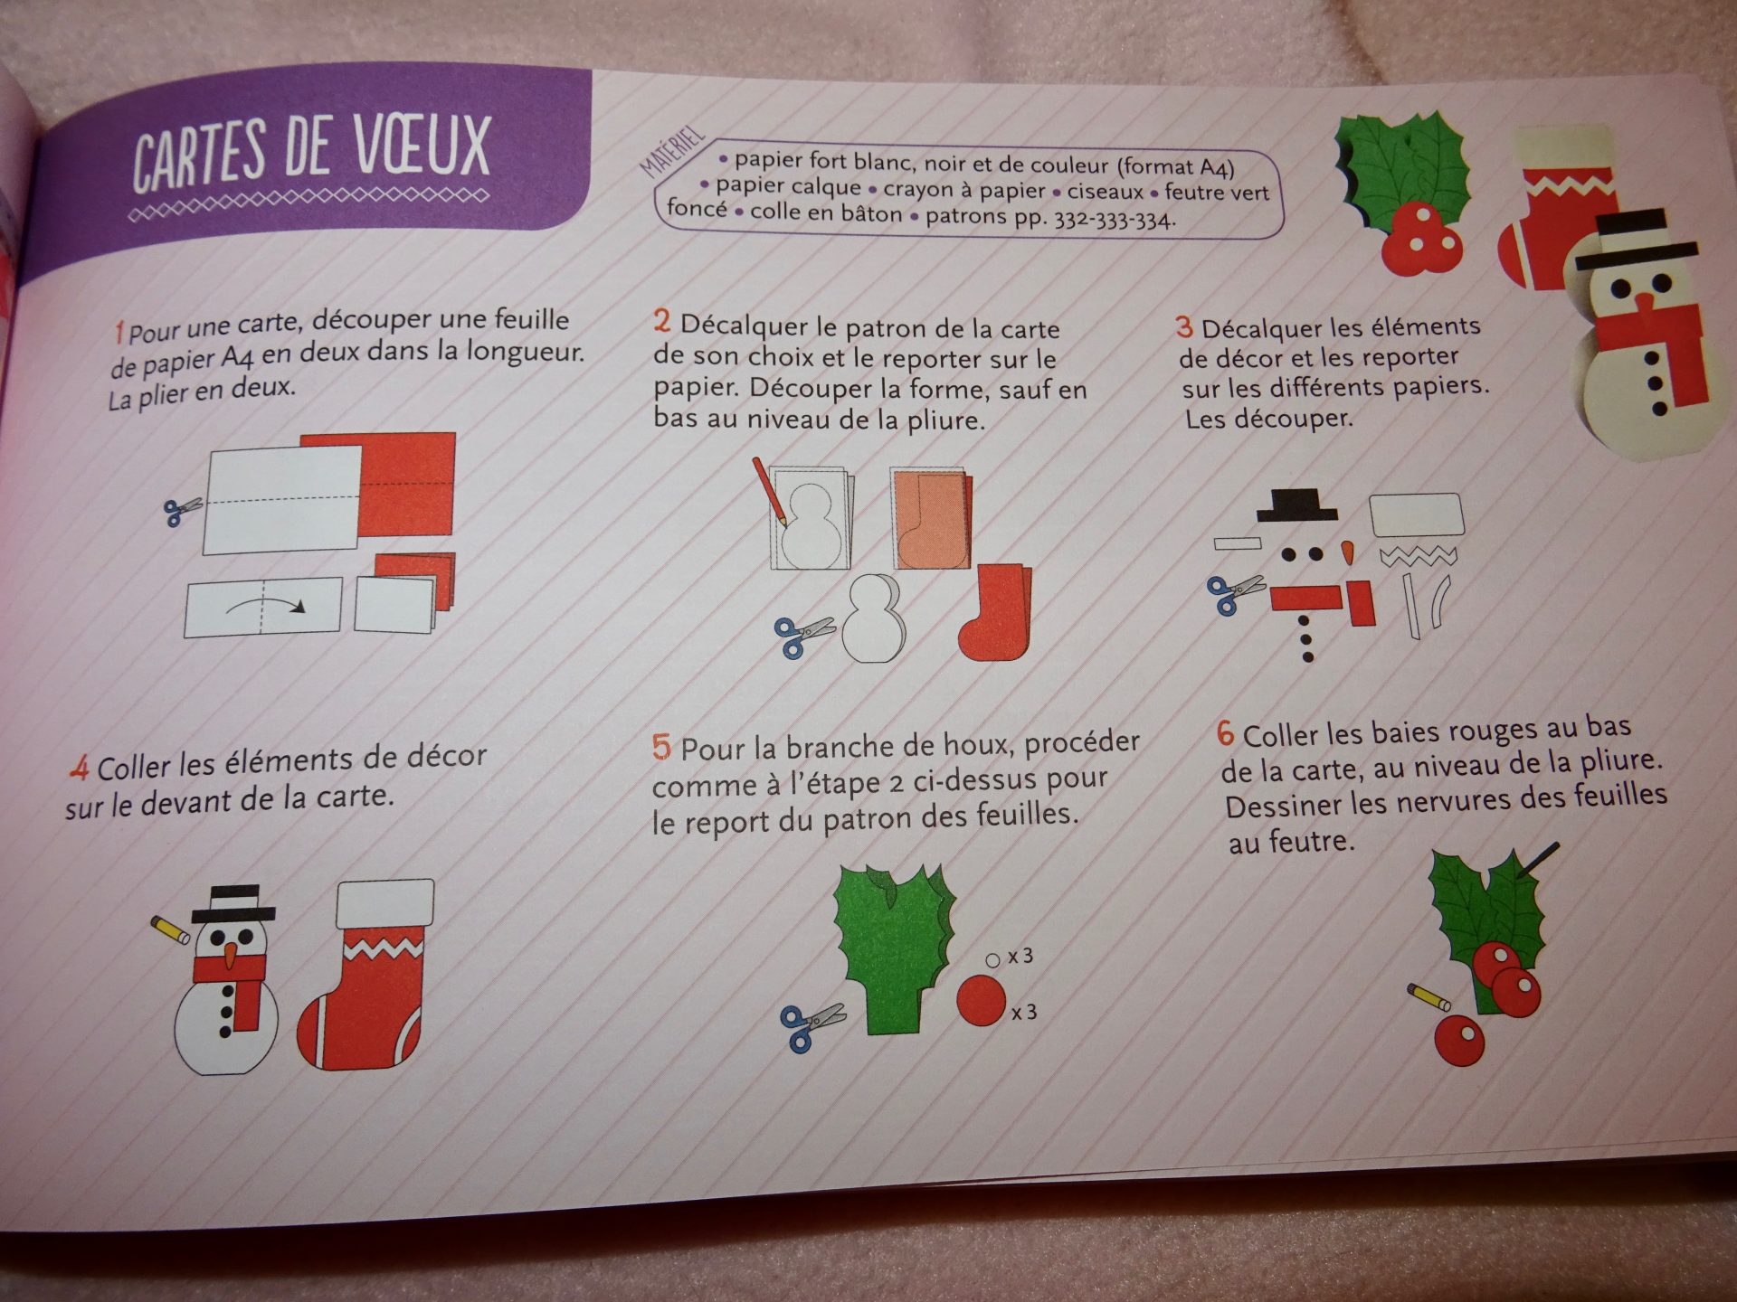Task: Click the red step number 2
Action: point(662,321)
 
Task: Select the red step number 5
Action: point(661,748)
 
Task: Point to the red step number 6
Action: point(1225,732)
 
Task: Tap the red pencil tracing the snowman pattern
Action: point(768,492)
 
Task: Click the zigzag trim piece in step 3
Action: point(1418,556)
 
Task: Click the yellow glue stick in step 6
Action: point(1429,996)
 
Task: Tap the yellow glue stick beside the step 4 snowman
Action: point(171,929)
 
